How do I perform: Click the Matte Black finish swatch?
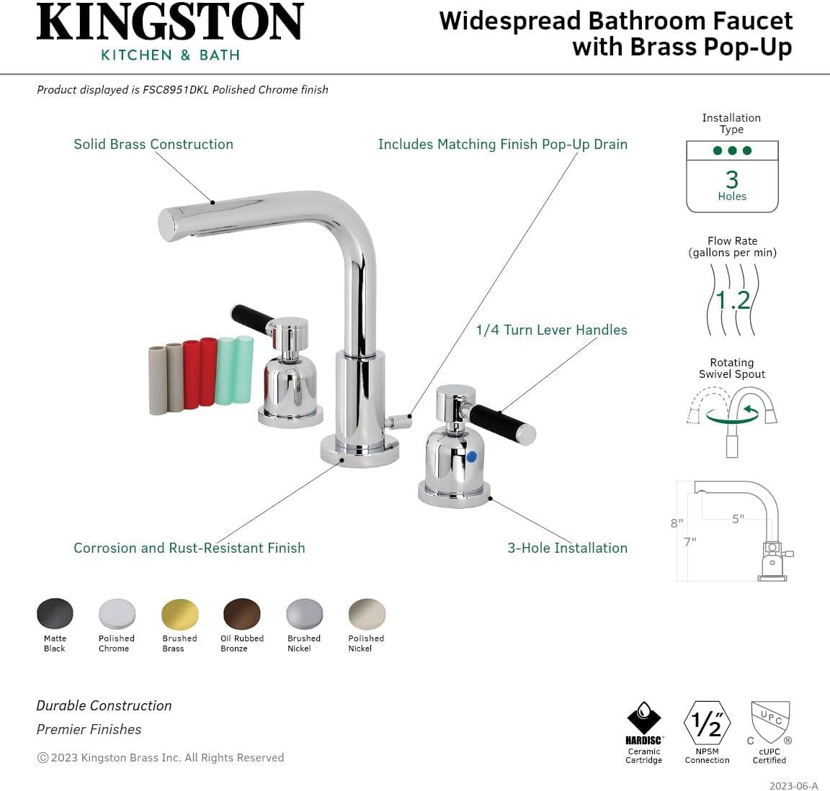55,614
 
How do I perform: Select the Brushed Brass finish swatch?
179,614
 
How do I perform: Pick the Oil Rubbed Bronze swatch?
242,614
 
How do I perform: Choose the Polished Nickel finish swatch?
367,614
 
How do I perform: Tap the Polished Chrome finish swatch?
117,614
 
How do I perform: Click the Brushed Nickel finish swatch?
305,614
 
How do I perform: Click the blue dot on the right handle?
471,456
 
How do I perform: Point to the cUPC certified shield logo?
769,722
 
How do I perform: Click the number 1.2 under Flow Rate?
733,299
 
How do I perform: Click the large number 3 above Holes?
732,178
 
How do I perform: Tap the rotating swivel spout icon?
732,417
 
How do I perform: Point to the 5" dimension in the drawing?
738,519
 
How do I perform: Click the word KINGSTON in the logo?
170,23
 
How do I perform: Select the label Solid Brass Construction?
153,144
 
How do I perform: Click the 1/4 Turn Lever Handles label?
551,330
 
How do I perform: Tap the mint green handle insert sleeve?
234,370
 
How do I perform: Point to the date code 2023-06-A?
793,785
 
